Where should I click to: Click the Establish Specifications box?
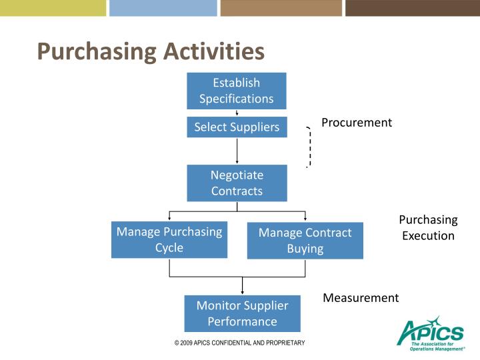236,91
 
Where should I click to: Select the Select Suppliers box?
237,127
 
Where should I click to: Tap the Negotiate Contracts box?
237,183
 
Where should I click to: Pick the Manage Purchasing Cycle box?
169,239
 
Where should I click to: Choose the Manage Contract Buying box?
305,241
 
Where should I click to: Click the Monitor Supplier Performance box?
242,313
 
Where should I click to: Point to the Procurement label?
357,123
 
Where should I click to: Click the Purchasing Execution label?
428,227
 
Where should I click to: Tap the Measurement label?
361,297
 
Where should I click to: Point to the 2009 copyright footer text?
239,343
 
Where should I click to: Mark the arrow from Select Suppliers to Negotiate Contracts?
237,151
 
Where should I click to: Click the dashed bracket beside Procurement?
309,146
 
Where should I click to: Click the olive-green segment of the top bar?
53,8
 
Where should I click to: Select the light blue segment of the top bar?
163,8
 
